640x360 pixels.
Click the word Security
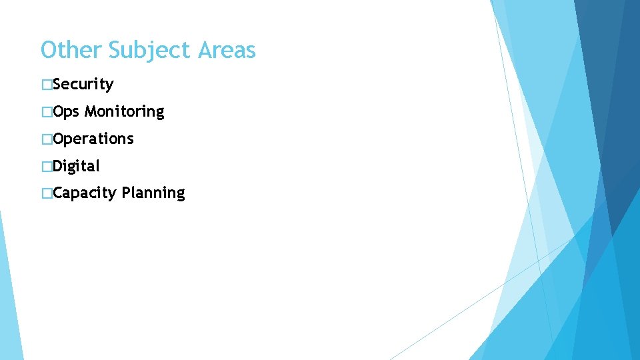click(83, 85)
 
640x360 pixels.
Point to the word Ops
click(67, 112)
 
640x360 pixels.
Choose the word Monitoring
click(125, 112)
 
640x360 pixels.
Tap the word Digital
click(77, 166)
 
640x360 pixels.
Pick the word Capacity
click(85, 193)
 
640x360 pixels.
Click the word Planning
click(153, 193)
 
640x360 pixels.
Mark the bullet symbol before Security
click(46, 85)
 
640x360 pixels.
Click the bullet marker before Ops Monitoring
click(46, 112)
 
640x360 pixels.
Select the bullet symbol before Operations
click(46, 139)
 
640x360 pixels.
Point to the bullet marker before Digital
click(46, 166)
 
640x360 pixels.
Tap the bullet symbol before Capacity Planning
click(46, 193)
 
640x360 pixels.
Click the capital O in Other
click(49, 50)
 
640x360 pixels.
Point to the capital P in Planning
click(126, 193)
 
